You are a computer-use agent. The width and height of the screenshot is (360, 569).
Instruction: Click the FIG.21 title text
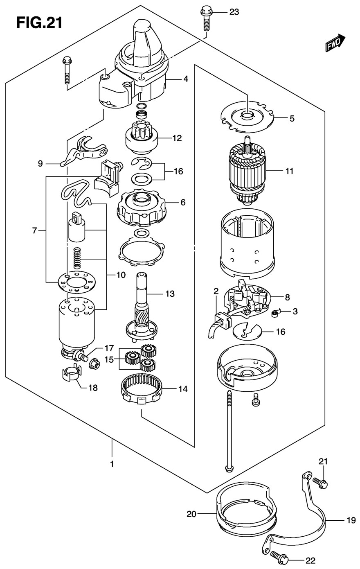[39, 23]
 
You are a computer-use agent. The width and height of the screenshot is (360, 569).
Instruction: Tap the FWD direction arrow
[335, 43]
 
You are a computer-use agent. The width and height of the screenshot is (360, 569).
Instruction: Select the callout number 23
[234, 12]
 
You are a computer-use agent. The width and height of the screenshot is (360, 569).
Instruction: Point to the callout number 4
[186, 79]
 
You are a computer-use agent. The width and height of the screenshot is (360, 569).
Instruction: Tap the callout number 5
[292, 119]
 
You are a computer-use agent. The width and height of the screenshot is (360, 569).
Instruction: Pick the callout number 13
[170, 294]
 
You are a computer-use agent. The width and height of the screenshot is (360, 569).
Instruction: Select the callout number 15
[109, 360]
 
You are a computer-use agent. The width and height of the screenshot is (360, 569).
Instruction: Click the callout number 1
[111, 464]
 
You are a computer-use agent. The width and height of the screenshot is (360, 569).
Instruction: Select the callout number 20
[192, 514]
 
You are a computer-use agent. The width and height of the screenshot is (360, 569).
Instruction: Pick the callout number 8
[288, 297]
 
